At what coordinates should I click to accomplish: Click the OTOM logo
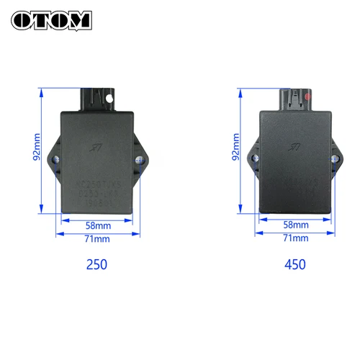51,19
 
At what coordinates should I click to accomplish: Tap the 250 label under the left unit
96,264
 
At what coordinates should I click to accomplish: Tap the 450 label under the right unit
295,264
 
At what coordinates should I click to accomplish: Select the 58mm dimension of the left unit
97,224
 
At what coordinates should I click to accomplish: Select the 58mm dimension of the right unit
295,224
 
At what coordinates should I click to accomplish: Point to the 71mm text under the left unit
97,238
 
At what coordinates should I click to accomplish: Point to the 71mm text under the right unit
295,238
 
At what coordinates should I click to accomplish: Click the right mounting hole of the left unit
138,158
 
